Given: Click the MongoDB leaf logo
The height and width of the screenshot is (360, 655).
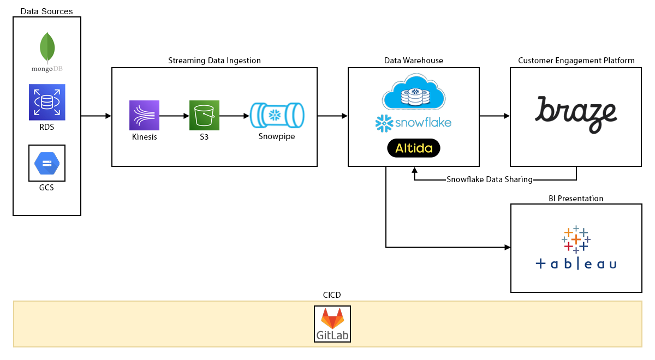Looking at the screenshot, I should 47,48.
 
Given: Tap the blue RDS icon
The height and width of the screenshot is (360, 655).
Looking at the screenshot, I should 47,102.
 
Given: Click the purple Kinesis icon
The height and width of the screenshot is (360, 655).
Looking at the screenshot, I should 144,115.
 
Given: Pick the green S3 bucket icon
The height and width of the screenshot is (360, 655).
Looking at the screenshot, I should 204,115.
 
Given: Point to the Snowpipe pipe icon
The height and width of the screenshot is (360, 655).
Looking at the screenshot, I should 276,115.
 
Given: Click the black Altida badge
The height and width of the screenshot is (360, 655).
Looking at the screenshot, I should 413,148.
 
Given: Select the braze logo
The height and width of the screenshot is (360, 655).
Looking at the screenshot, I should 576,114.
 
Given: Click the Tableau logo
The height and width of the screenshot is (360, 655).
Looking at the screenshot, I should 576,249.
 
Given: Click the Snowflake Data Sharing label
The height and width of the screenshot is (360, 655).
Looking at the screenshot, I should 489,179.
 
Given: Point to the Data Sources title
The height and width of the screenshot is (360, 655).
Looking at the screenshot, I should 46,11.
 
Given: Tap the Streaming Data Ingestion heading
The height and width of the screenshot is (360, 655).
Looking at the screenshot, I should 215,61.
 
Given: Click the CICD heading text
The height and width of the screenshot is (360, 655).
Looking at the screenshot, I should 332,295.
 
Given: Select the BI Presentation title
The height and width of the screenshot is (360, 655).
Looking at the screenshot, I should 576,199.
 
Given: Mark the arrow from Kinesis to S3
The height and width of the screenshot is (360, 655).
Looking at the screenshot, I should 174,116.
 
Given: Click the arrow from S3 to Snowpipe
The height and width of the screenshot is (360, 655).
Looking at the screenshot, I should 234,116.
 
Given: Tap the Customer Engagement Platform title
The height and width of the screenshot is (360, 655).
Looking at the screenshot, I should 576,61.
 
